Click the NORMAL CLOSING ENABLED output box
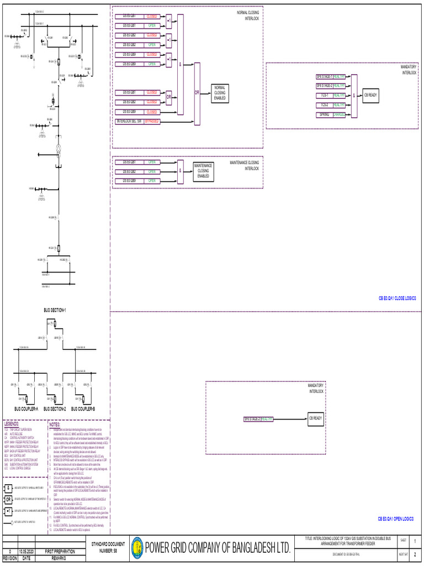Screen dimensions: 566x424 point(220,93)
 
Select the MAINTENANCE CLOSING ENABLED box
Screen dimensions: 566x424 point(203,171)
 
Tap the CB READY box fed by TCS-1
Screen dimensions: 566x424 point(370,95)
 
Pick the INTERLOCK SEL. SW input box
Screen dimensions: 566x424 point(129,121)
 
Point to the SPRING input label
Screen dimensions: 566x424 point(324,114)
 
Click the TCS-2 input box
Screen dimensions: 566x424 point(324,105)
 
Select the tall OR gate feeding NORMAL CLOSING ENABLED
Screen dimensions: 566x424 point(197,93)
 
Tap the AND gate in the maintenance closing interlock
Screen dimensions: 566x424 point(180,171)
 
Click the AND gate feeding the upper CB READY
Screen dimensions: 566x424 point(354,95)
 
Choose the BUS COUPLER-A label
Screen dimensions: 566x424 point(26,408)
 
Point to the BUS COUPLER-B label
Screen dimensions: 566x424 point(83,408)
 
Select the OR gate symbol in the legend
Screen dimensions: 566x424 point(9,500)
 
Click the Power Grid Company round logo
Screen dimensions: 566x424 point(136,547)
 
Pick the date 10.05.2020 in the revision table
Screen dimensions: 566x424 point(26,551)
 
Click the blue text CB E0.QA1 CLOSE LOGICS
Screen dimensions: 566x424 point(397,298)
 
